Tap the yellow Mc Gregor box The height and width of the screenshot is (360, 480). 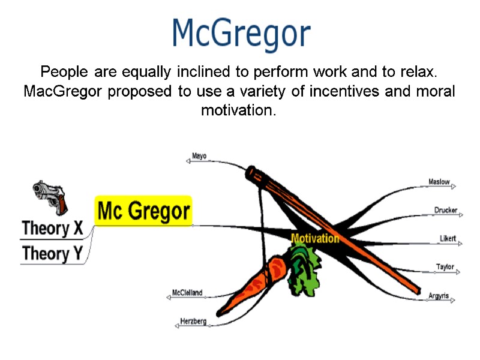point(143,211)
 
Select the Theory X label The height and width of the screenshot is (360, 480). point(52,229)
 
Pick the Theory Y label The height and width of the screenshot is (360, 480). point(52,254)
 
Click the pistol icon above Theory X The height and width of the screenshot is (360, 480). point(50,196)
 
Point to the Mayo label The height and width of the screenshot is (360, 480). point(199,157)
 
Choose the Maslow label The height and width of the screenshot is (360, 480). point(439,182)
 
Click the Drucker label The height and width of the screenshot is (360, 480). point(445,211)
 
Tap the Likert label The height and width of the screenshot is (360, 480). point(448,239)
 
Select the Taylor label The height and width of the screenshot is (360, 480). point(445,267)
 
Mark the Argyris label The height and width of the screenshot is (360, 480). point(439,296)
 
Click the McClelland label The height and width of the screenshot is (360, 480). point(187,293)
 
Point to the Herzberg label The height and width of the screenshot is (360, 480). point(193,322)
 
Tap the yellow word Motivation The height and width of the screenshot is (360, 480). point(314,238)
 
